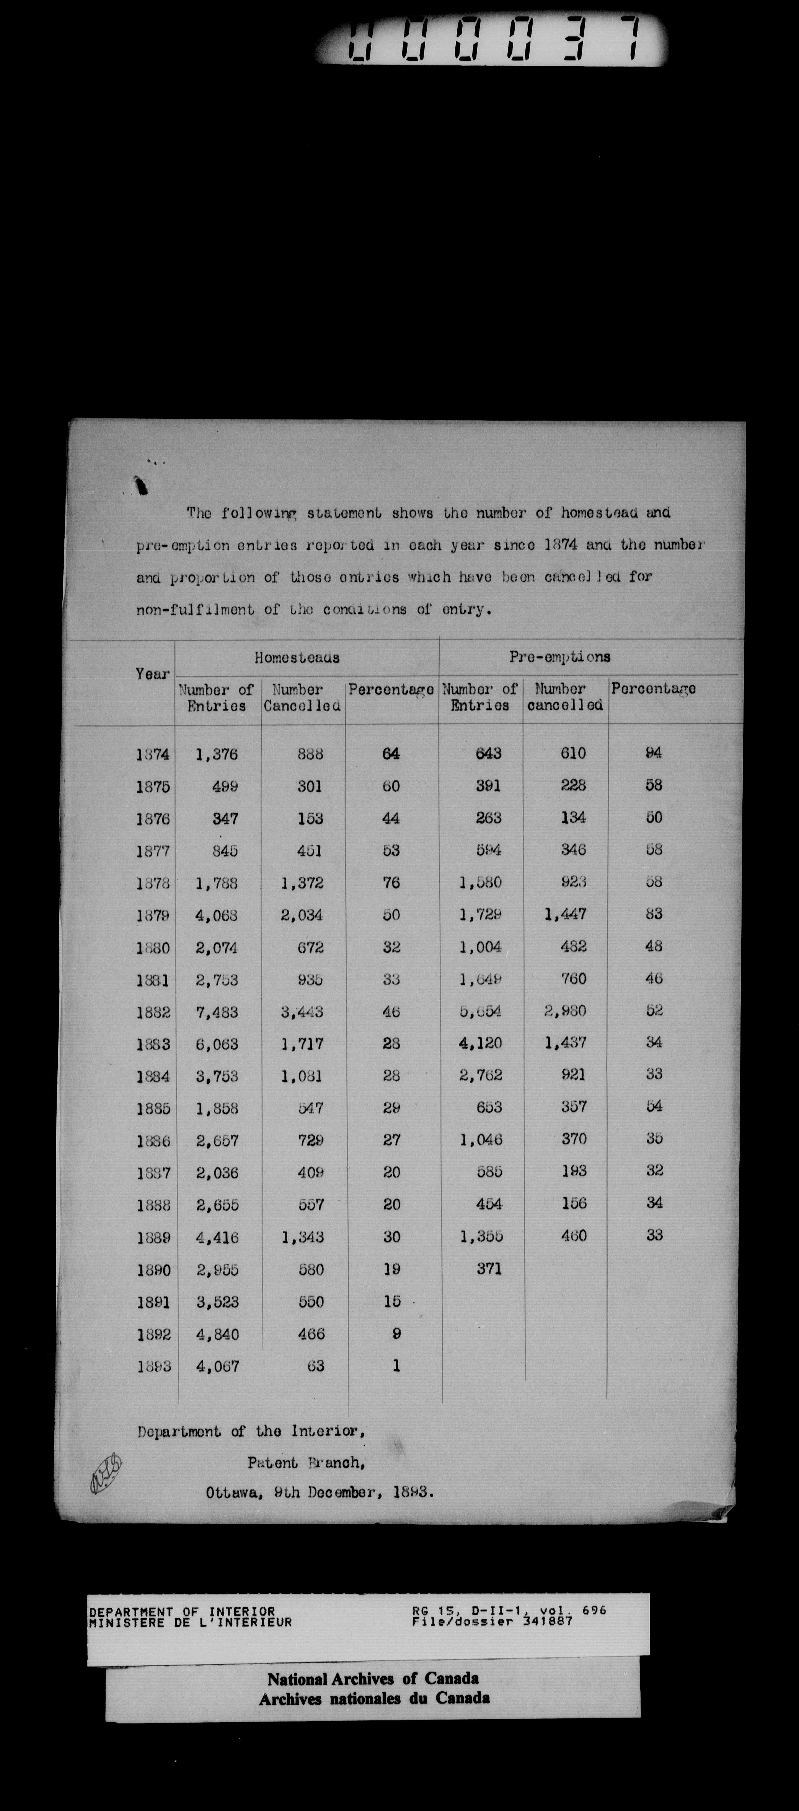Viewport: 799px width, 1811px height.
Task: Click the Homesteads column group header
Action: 297,658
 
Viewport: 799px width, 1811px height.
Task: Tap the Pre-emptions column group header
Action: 560,657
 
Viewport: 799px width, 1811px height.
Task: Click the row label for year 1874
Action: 153,754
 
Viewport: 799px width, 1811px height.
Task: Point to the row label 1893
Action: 153,1367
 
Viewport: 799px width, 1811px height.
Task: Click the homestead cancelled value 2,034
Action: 302,915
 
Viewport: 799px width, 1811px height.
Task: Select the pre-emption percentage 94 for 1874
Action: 654,753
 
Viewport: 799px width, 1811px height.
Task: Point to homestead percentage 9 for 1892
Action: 396,1334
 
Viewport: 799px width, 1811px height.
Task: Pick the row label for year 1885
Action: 153,1109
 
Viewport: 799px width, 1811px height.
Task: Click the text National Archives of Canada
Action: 373,1679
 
